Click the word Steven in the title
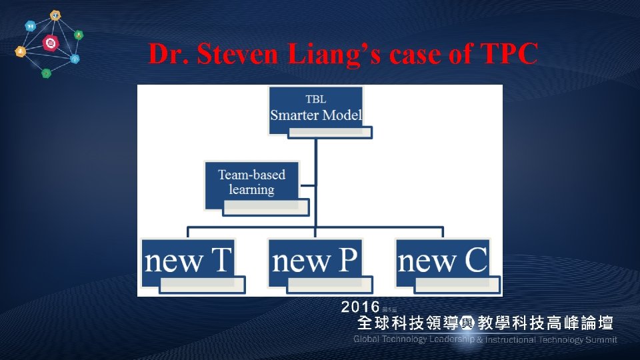(x=223, y=55)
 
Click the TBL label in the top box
(x=316, y=99)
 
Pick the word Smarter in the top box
(x=295, y=115)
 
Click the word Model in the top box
(x=342, y=115)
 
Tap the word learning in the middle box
(x=252, y=189)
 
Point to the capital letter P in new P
(x=345, y=260)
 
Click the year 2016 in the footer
(x=360, y=307)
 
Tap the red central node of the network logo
(x=49, y=44)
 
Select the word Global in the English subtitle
(x=367, y=340)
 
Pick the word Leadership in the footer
(x=451, y=340)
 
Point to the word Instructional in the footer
(x=511, y=340)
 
